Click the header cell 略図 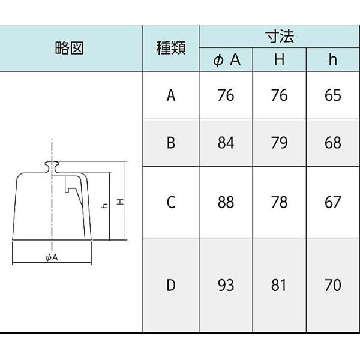click(71, 49)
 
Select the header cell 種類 click(171, 49)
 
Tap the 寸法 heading click(279, 37)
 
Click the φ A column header click(226, 61)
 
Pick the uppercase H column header click(279, 61)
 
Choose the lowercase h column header click(332, 61)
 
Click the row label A click(171, 95)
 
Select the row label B click(171, 143)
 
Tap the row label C click(171, 202)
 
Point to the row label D click(171, 285)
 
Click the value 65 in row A click(332, 95)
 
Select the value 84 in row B click(226, 143)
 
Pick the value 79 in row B click(279, 143)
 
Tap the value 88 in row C click(226, 202)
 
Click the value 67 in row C click(332, 202)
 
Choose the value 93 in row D click(226, 285)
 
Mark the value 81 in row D click(279, 285)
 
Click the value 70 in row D click(332, 285)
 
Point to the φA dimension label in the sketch click(51, 257)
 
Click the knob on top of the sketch click(52, 164)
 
